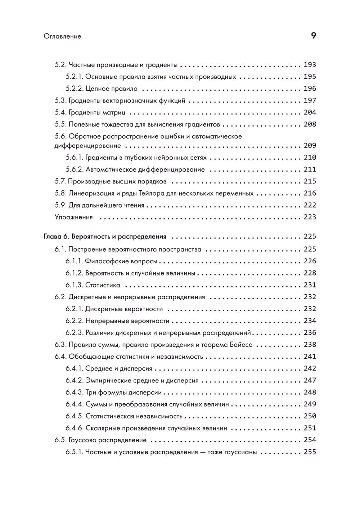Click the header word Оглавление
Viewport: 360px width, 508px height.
click(x=62, y=36)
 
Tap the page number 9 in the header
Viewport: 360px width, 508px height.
click(x=313, y=36)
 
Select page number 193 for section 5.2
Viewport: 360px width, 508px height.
click(x=310, y=65)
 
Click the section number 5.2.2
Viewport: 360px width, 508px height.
click(x=75, y=89)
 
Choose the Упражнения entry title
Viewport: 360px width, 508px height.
click(x=74, y=217)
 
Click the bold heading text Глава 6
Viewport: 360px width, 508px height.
click(x=57, y=236)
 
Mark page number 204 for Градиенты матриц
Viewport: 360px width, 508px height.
click(x=310, y=112)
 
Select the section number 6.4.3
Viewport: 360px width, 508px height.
click(x=75, y=392)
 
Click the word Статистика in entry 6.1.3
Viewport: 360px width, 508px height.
click(x=103, y=285)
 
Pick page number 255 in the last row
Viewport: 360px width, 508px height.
click(x=310, y=452)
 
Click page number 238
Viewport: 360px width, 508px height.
click(x=310, y=345)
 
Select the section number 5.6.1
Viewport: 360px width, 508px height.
click(x=75, y=158)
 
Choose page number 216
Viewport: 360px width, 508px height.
click(x=310, y=193)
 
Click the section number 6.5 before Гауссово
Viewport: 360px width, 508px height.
click(x=60, y=440)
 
